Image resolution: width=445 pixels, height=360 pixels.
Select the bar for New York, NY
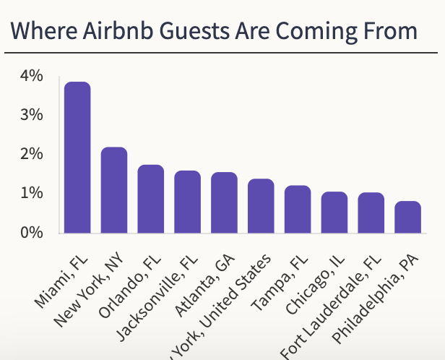tap(114, 190)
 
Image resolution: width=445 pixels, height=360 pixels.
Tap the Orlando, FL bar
tap(151, 199)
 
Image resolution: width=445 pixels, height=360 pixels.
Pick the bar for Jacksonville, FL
tap(187, 202)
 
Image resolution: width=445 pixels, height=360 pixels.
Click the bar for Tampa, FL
tap(298, 209)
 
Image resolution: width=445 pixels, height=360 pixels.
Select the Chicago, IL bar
tap(334, 212)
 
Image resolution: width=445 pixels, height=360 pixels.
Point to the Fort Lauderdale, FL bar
tap(371, 213)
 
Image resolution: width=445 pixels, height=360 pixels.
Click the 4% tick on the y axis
tap(33, 76)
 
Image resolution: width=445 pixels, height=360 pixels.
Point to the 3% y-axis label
tap(33, 115)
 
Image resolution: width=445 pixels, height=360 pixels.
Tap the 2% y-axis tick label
tap(33, 155)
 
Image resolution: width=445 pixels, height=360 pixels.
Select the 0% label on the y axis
tap(33, 233)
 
